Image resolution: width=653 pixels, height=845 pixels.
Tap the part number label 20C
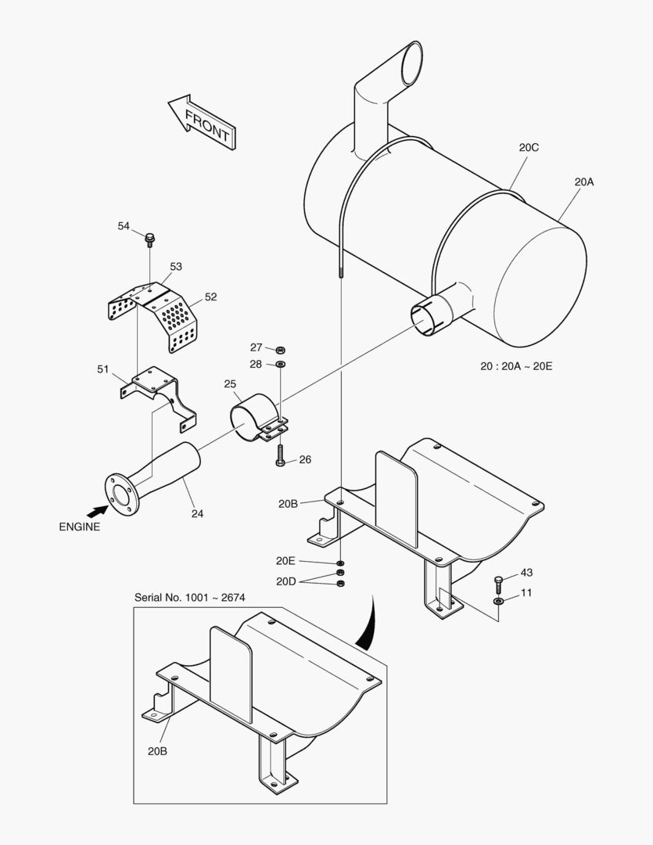tap(529, 147)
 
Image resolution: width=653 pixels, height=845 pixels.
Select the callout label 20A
tap(583, 182)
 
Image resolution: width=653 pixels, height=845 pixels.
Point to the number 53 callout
tap(175, 267)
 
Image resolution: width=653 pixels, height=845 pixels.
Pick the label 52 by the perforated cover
tap(210, 297)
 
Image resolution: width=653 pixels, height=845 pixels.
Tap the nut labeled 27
tap(282, 349)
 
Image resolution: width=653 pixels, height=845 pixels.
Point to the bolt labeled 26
tap(281, 458)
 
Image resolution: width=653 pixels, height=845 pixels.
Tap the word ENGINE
tap(80, 527)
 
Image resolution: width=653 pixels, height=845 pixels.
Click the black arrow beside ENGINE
tap(95, 510)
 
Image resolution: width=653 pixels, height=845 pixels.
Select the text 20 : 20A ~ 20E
tap(516, 366)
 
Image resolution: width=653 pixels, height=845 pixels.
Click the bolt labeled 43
tap(499, 582)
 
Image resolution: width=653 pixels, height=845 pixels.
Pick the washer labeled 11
tap(499, 601)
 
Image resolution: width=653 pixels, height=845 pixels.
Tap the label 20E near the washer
tap(285, 560)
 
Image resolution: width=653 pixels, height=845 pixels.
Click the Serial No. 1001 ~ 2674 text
tap(190, 598)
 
